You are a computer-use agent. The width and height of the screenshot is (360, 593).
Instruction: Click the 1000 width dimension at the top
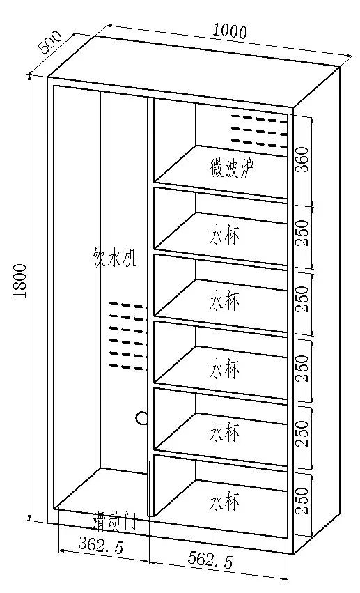point(230,30)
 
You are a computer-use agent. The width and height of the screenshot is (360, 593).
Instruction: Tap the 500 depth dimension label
point(50,42)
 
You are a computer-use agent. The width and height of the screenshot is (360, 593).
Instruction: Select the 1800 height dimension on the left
point(20,281)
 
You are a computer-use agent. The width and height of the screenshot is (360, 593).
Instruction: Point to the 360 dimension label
point(302,160)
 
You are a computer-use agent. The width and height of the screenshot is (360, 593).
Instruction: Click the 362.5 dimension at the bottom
point(101,546)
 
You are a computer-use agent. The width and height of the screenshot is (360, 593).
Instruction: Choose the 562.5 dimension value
point(210,560)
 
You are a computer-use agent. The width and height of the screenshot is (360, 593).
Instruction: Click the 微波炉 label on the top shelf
point(232,169)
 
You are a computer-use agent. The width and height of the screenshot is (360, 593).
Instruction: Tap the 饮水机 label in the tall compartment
point(114,258)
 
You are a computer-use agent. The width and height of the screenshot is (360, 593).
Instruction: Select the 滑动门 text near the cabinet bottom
point(114,523)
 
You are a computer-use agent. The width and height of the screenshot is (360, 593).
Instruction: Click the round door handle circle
point(141,417)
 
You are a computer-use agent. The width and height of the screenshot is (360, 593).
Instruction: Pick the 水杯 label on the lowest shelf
point(224,501)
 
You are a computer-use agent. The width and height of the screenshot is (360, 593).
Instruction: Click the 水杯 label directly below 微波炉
point(224,236)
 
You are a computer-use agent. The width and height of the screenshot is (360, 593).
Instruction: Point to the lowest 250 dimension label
point(302,501)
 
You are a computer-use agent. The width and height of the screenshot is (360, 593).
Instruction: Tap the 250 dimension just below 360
point(302,233)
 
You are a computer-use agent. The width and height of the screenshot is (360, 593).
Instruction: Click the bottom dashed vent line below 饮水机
point(126,367)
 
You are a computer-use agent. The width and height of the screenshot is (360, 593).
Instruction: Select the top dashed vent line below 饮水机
point(126,305)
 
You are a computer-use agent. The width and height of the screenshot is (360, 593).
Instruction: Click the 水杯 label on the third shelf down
point(224,302)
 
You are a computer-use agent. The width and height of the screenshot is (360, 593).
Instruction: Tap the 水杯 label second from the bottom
point(224,433)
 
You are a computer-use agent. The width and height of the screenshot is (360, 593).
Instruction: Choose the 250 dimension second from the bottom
point(302,433)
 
